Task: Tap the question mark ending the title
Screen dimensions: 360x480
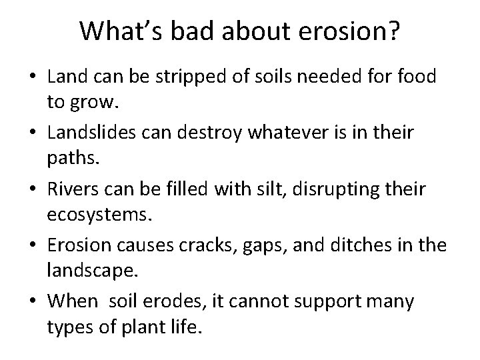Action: [394, 31]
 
